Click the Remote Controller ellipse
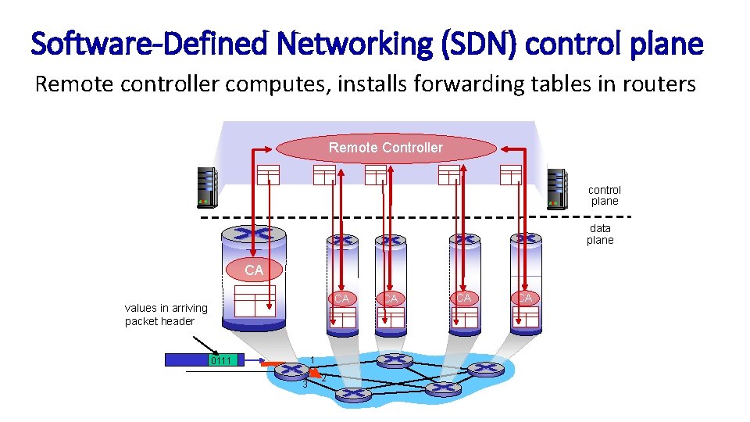[x=386, y=148]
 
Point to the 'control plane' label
[x=604, y=195]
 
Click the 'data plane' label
[x=600, y=234]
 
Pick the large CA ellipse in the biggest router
[x=254, y=270]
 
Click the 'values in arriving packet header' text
[x=166, y=314]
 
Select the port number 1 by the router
[x=312, y=359]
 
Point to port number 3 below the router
[x=305, y=384]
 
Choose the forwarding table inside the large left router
[x=255, y=300]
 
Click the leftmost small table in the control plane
[x=267, y=176]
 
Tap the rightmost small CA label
[x=524, y=298]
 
